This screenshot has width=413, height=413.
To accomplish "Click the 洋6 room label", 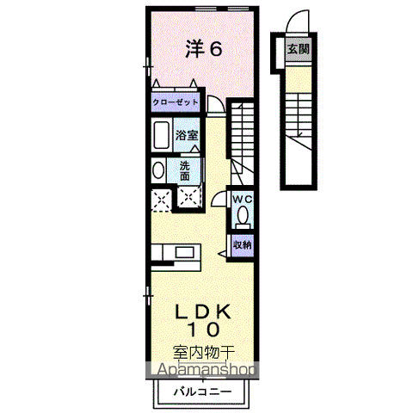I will (204, 48).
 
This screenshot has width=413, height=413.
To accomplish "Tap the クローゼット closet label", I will (176, 102).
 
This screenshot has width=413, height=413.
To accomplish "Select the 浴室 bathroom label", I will (187, 135).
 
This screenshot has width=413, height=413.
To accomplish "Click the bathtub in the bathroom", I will (160, 135).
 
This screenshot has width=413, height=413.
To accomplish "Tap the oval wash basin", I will (157, 170).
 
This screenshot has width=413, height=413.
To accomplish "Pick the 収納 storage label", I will (243, 244).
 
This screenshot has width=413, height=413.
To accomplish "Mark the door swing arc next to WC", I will (220, 196).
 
